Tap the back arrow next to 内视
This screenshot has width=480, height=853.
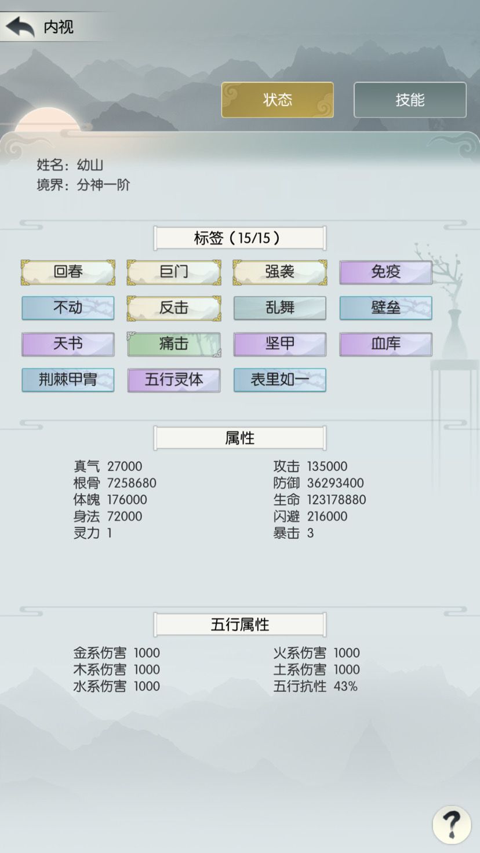pos(20,27)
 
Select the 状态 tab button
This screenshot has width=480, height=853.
pos(277,100)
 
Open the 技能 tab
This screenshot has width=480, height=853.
pos(410,100)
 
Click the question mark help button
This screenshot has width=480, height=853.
pos(452,825)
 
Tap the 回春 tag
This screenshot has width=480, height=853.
pos(68,272)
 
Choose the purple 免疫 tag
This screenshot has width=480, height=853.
pos(386,272)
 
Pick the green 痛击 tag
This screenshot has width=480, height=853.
pos(174,344)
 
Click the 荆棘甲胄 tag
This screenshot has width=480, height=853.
pos(68,380)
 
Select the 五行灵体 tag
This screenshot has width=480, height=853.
pos(174,380)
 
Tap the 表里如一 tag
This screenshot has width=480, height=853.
pos(279,380)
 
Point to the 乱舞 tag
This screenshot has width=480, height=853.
pos(279,308)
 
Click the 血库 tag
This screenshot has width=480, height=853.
pos(386,344)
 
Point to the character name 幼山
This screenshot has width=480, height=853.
pos(90,165)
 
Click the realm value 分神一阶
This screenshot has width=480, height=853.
pos(104,185)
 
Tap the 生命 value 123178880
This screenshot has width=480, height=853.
pos(336,500)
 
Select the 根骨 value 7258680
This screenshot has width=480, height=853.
pos(132,483)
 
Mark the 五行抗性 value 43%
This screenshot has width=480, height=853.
pos(346,686)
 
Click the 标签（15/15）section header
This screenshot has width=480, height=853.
pos(239,238)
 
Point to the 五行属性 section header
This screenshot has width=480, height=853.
pos(239,625)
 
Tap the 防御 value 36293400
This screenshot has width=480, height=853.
pos(335,483)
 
